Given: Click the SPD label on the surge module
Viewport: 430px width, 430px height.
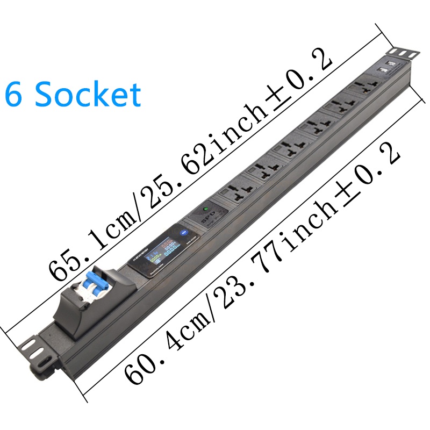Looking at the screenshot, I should [x=201, y=221].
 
